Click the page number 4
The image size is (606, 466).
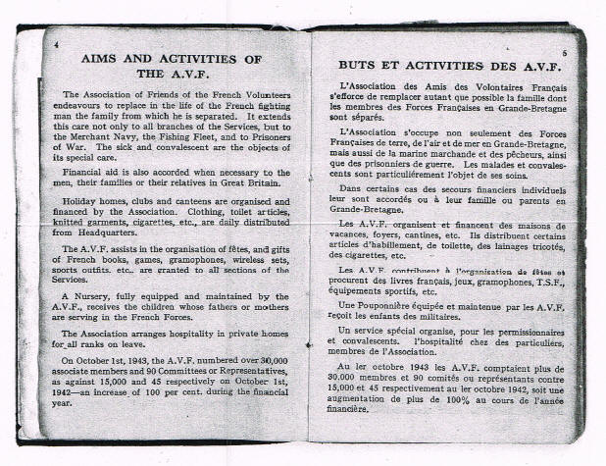(x=58, y=45)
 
